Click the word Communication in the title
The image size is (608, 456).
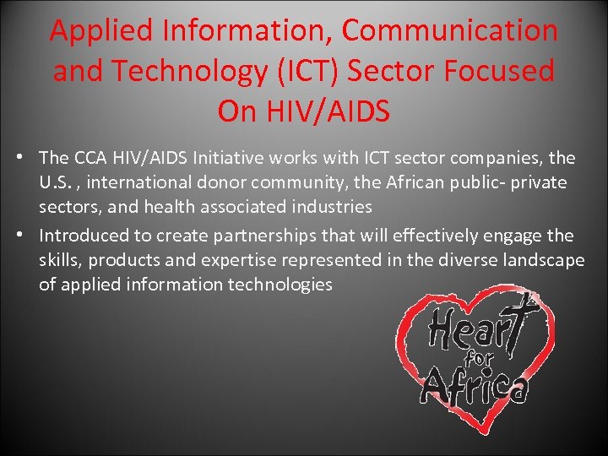[449, 31]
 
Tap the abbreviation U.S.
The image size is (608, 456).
[57, 182]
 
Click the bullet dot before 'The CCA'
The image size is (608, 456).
[28, 158]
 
